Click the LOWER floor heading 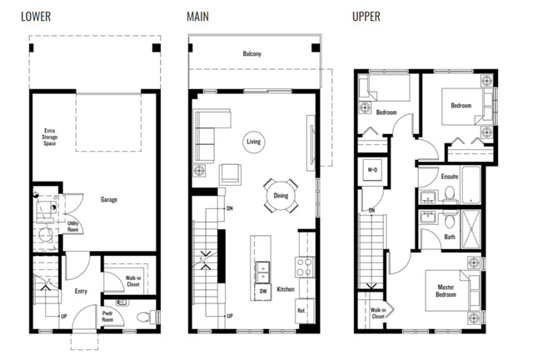[x=36, y=17]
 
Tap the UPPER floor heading [x=366, y=17]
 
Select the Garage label [x=109, y=200]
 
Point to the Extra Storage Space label [x=50, y=137]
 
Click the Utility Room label [x=72, y=227]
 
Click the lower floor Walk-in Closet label [x=133, y=281]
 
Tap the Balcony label [x=252, y=53]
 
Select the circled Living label [x=253, y=142]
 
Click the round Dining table [x=281, y=196]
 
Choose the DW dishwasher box [x=263, y=292]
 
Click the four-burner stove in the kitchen [x=305, y=267]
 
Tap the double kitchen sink [x=263, y=272]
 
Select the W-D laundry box [x=372, y=170]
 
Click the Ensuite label [x=450, y=177]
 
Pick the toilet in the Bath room [x=450, y=220]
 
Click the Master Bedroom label [x=446, y=291]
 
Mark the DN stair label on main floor [x=230, y=208]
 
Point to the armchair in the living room [x=230, y=173]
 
